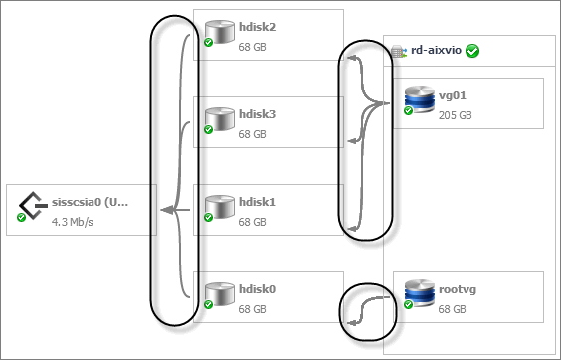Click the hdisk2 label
258,27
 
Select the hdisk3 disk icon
220,119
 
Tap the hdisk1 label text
258,202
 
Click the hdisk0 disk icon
220,294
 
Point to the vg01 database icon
420,99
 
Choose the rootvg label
458,289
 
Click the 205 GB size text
456,115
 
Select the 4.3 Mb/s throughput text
73,222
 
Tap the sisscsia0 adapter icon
33,206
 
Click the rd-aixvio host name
436,50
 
